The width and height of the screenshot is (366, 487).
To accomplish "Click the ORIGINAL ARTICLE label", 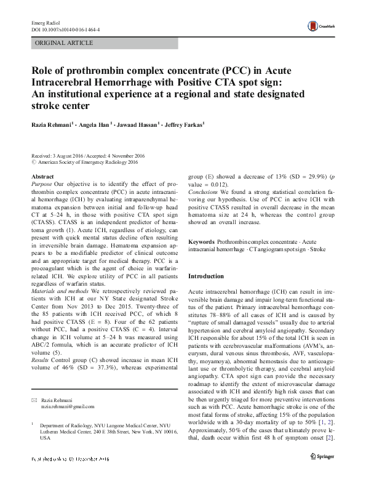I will point(65,43).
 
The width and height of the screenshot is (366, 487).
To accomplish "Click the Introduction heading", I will point(206,276).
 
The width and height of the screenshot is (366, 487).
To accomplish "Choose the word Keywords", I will point(201,242).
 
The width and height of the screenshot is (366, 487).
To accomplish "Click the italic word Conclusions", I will point(204,191).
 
